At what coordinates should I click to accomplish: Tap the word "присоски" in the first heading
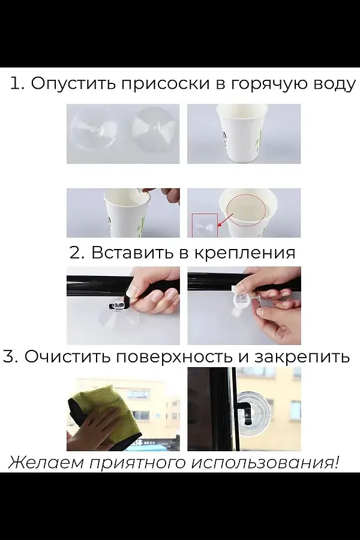pyautogui.click(x=165, y=83)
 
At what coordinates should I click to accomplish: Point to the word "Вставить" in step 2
pyautogui.click(x=132, y=252)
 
